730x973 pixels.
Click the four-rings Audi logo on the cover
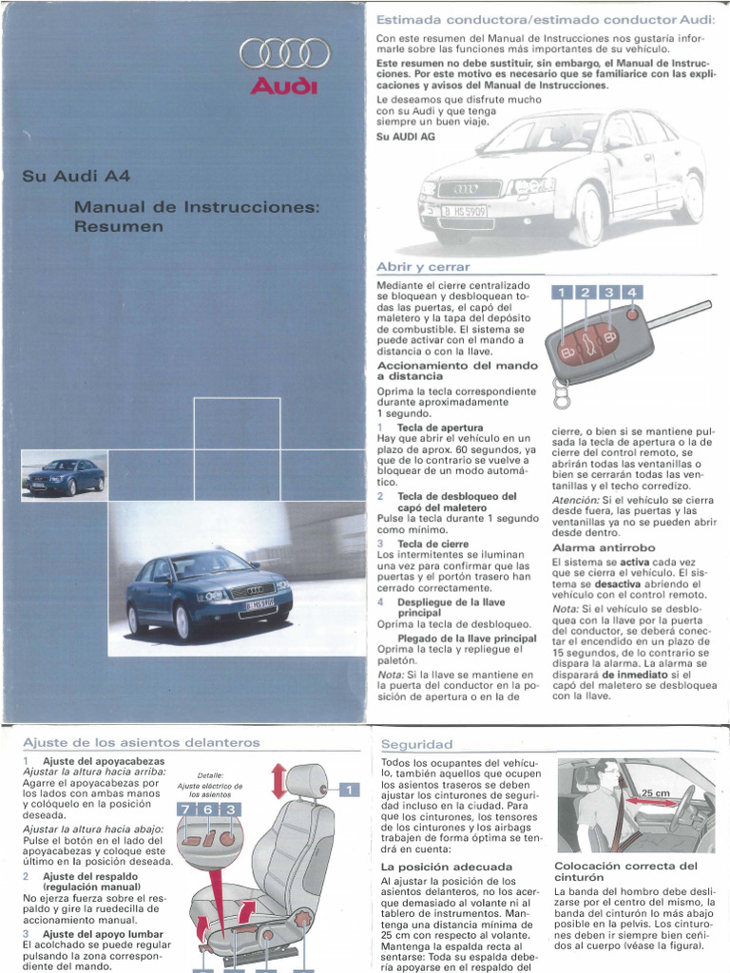[284, 53]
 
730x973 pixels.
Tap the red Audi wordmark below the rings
[284, 87]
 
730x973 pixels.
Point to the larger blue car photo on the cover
[208, 593]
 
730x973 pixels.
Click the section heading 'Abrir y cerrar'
[423, 267]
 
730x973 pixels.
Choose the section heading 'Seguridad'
[416, 744]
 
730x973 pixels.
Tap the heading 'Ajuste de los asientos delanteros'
[140, 742]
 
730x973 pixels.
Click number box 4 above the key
[631, 293]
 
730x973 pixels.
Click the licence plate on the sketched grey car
[463, 212]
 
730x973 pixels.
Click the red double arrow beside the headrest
[279, 781]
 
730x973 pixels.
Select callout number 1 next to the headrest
[348, 790]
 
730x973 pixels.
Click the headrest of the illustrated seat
[306, 782]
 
